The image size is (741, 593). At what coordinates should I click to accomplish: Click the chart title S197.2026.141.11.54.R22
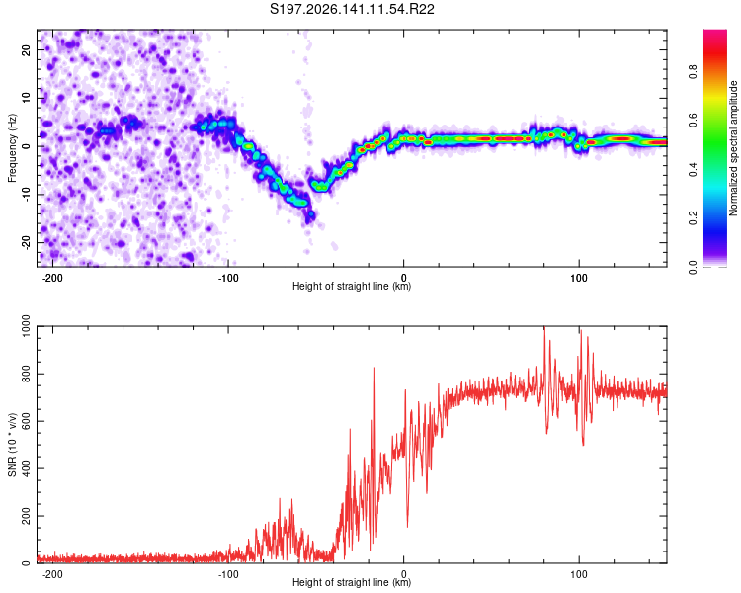point(352,9)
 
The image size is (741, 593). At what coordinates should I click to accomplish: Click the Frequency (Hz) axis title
point(12,148)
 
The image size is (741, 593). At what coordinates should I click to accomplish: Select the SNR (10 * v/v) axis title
point(12,445)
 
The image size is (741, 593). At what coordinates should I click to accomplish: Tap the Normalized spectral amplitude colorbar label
point(733,148)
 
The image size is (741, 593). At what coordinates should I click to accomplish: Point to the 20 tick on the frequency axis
point(27,49)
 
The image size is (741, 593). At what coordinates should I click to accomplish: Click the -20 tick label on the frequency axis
point(27,242)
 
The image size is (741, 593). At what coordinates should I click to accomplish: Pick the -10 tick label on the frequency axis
point(27,195)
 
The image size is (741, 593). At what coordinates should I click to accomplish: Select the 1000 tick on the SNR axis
point(27,326)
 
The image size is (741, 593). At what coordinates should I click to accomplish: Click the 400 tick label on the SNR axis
point(27,468)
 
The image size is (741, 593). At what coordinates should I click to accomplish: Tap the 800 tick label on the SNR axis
point(27,374)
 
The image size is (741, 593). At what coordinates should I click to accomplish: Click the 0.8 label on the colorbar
point(693,72)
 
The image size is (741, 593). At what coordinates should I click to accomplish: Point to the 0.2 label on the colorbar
point(693,218)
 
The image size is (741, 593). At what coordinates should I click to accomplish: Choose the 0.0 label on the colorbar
point(693,267)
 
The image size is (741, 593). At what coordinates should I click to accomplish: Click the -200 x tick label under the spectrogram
point(52,278)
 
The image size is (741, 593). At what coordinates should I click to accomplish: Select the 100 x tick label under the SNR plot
point(579,574)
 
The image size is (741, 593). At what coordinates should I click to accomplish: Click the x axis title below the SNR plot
point(352,582)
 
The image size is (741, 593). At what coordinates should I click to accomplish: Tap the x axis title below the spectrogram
point(352,286)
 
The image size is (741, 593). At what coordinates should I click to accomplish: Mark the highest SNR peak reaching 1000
point(544,327)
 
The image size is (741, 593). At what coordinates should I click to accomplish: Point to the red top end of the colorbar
point(715,32)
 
